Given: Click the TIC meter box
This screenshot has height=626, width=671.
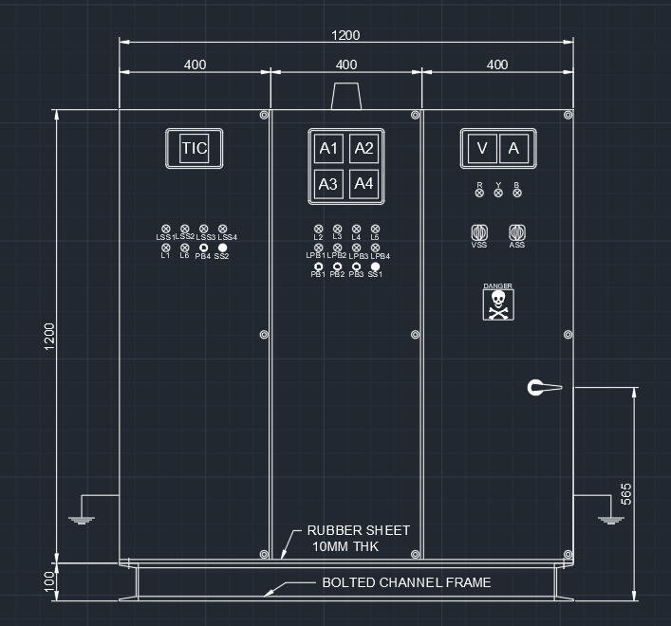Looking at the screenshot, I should tap(194, 148).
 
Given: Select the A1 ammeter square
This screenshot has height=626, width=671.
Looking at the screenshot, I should tap(328, 149).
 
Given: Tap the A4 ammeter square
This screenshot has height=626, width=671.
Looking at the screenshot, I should tap(363, 183).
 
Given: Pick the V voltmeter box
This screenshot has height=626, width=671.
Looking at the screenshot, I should tap(482, 148).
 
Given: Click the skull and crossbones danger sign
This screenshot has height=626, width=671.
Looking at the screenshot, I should tap(497, 304).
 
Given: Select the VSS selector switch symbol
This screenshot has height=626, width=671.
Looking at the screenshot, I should tap(479, 232).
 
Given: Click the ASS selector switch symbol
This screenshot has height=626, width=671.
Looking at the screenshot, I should tap(517, 232).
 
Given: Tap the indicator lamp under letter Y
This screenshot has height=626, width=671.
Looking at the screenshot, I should tap(498, 193).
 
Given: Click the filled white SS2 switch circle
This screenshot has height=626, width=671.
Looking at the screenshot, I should tap(222, 248).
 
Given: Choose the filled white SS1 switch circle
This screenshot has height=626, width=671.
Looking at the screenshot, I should tap(375, 267).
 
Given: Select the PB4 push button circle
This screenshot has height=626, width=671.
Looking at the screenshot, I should tap(203, 248).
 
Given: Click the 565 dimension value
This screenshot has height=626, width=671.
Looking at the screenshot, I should tap(625, 493).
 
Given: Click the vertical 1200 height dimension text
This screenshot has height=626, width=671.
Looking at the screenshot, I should tap(50, 336).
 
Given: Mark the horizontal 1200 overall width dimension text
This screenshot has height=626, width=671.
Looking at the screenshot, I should tap(345, 35).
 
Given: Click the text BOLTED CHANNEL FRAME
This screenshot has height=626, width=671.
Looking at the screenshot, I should tap(406, 582).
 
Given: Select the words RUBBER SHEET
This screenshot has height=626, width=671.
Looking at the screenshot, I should tap(358, 531).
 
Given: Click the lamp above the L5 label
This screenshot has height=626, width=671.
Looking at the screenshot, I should tap(375, 230).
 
